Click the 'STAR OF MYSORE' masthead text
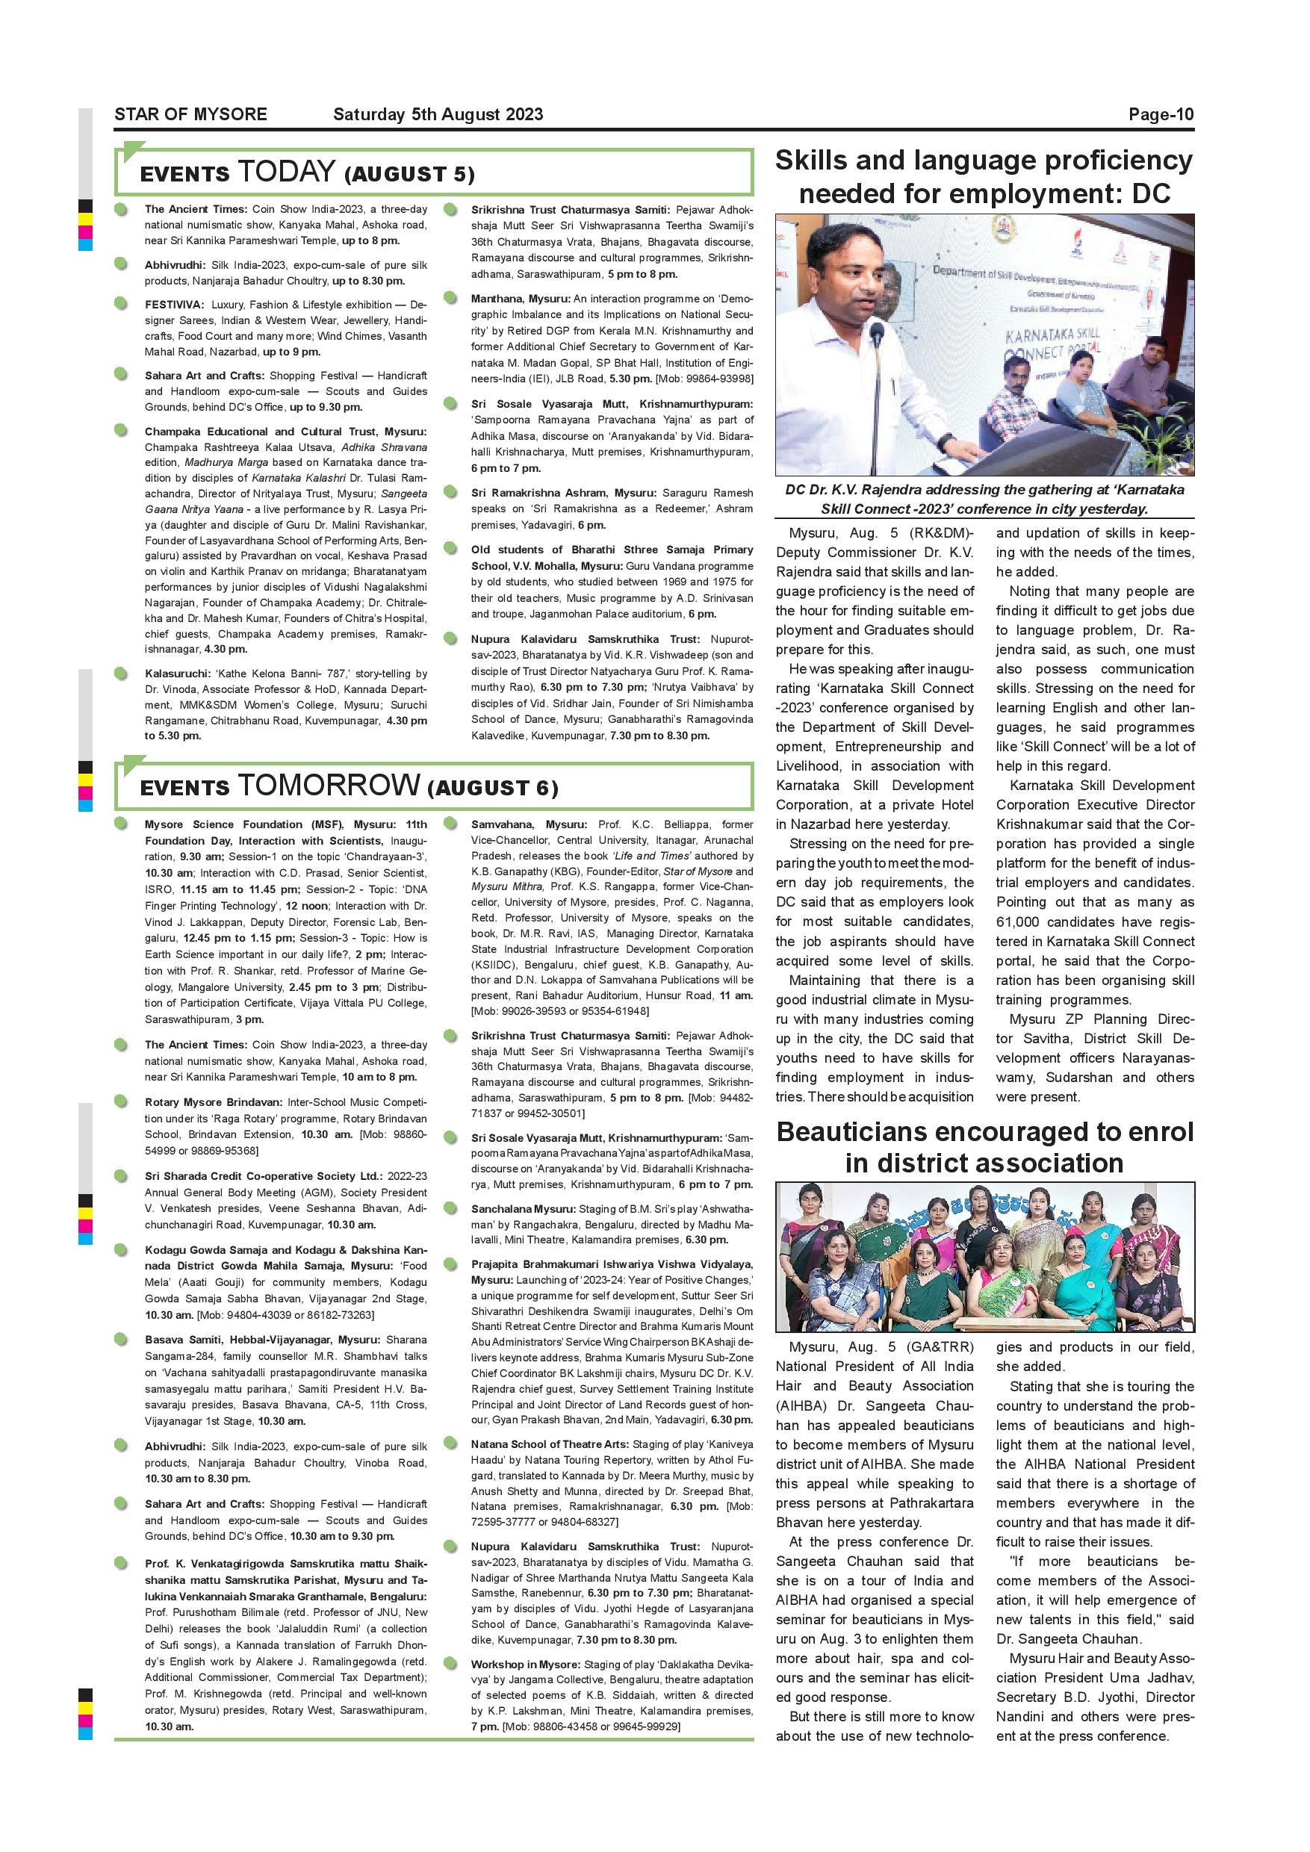[190, 114]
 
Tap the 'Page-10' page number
[1161, 114]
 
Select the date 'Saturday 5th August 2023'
[438, 114]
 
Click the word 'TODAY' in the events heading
[286, 172]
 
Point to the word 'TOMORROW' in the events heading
[329, 785]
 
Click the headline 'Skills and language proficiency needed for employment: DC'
[984, 178]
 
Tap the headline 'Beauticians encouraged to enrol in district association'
[984, 1147]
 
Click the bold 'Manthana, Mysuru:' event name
[521, 299]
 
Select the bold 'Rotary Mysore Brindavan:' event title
[214, 1101]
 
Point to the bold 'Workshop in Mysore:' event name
[525, 1664]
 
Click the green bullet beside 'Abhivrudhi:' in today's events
[121, 264]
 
